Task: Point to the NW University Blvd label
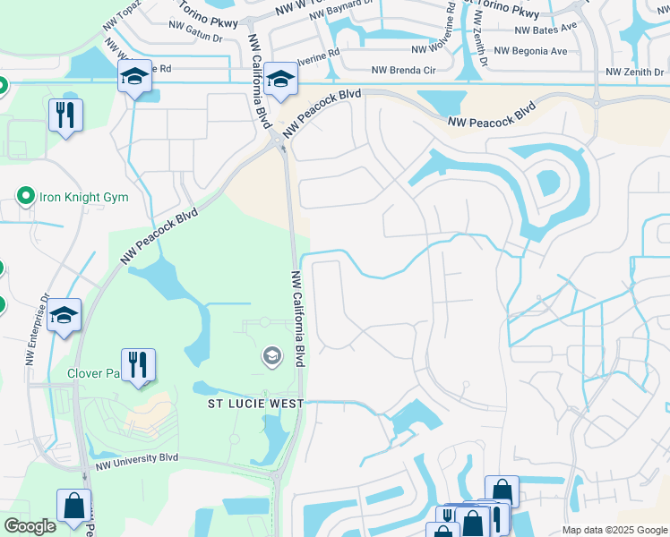tap(137, 459)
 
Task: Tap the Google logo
tap(30, 526)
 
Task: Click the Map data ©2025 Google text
tap(614, 530)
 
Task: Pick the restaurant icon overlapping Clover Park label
tap(138, 365)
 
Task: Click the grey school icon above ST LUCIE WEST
tap(271, 357)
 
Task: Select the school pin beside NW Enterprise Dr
tap(64, 316)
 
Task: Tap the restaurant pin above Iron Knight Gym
tap(65, 115)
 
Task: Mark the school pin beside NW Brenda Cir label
tap(280, 80)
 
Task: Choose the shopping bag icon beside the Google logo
tap(72, 506)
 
